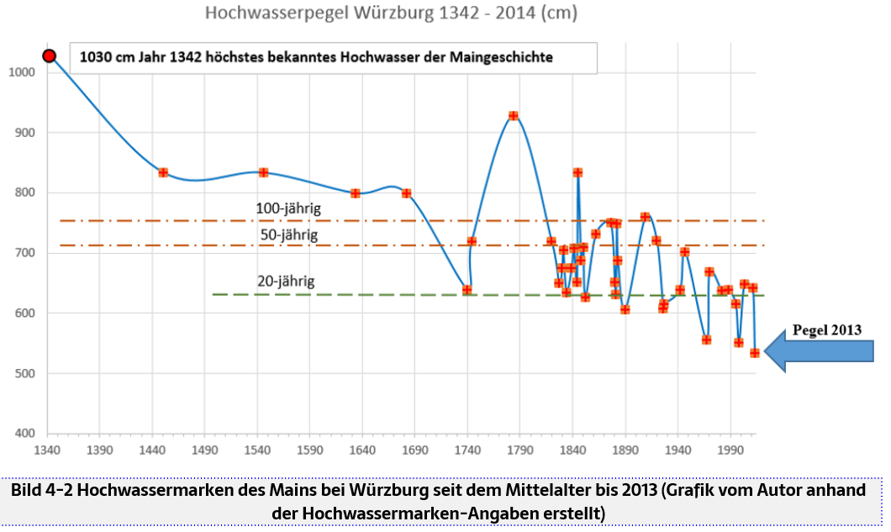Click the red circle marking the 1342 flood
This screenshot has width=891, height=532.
[50, 56]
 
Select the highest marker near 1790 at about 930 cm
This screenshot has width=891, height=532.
[513, 116]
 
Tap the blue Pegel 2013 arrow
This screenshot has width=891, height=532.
[820, 350]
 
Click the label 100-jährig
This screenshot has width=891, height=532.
[288, 208]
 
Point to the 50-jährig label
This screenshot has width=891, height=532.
[288, 235]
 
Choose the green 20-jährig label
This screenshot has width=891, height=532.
[287, 282]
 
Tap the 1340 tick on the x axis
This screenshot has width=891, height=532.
[47, 450]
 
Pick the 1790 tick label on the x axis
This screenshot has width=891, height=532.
[520, 450]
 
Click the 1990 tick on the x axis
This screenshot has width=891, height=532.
[730, 450]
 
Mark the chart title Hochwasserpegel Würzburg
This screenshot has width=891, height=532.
[392, 14]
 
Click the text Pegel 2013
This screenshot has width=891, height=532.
[827, 330]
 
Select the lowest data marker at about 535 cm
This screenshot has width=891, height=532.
[755, 353]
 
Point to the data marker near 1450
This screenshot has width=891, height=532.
[163, 172]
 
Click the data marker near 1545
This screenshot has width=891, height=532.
[263, 172]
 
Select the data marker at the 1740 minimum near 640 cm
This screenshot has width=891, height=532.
[467, 290]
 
